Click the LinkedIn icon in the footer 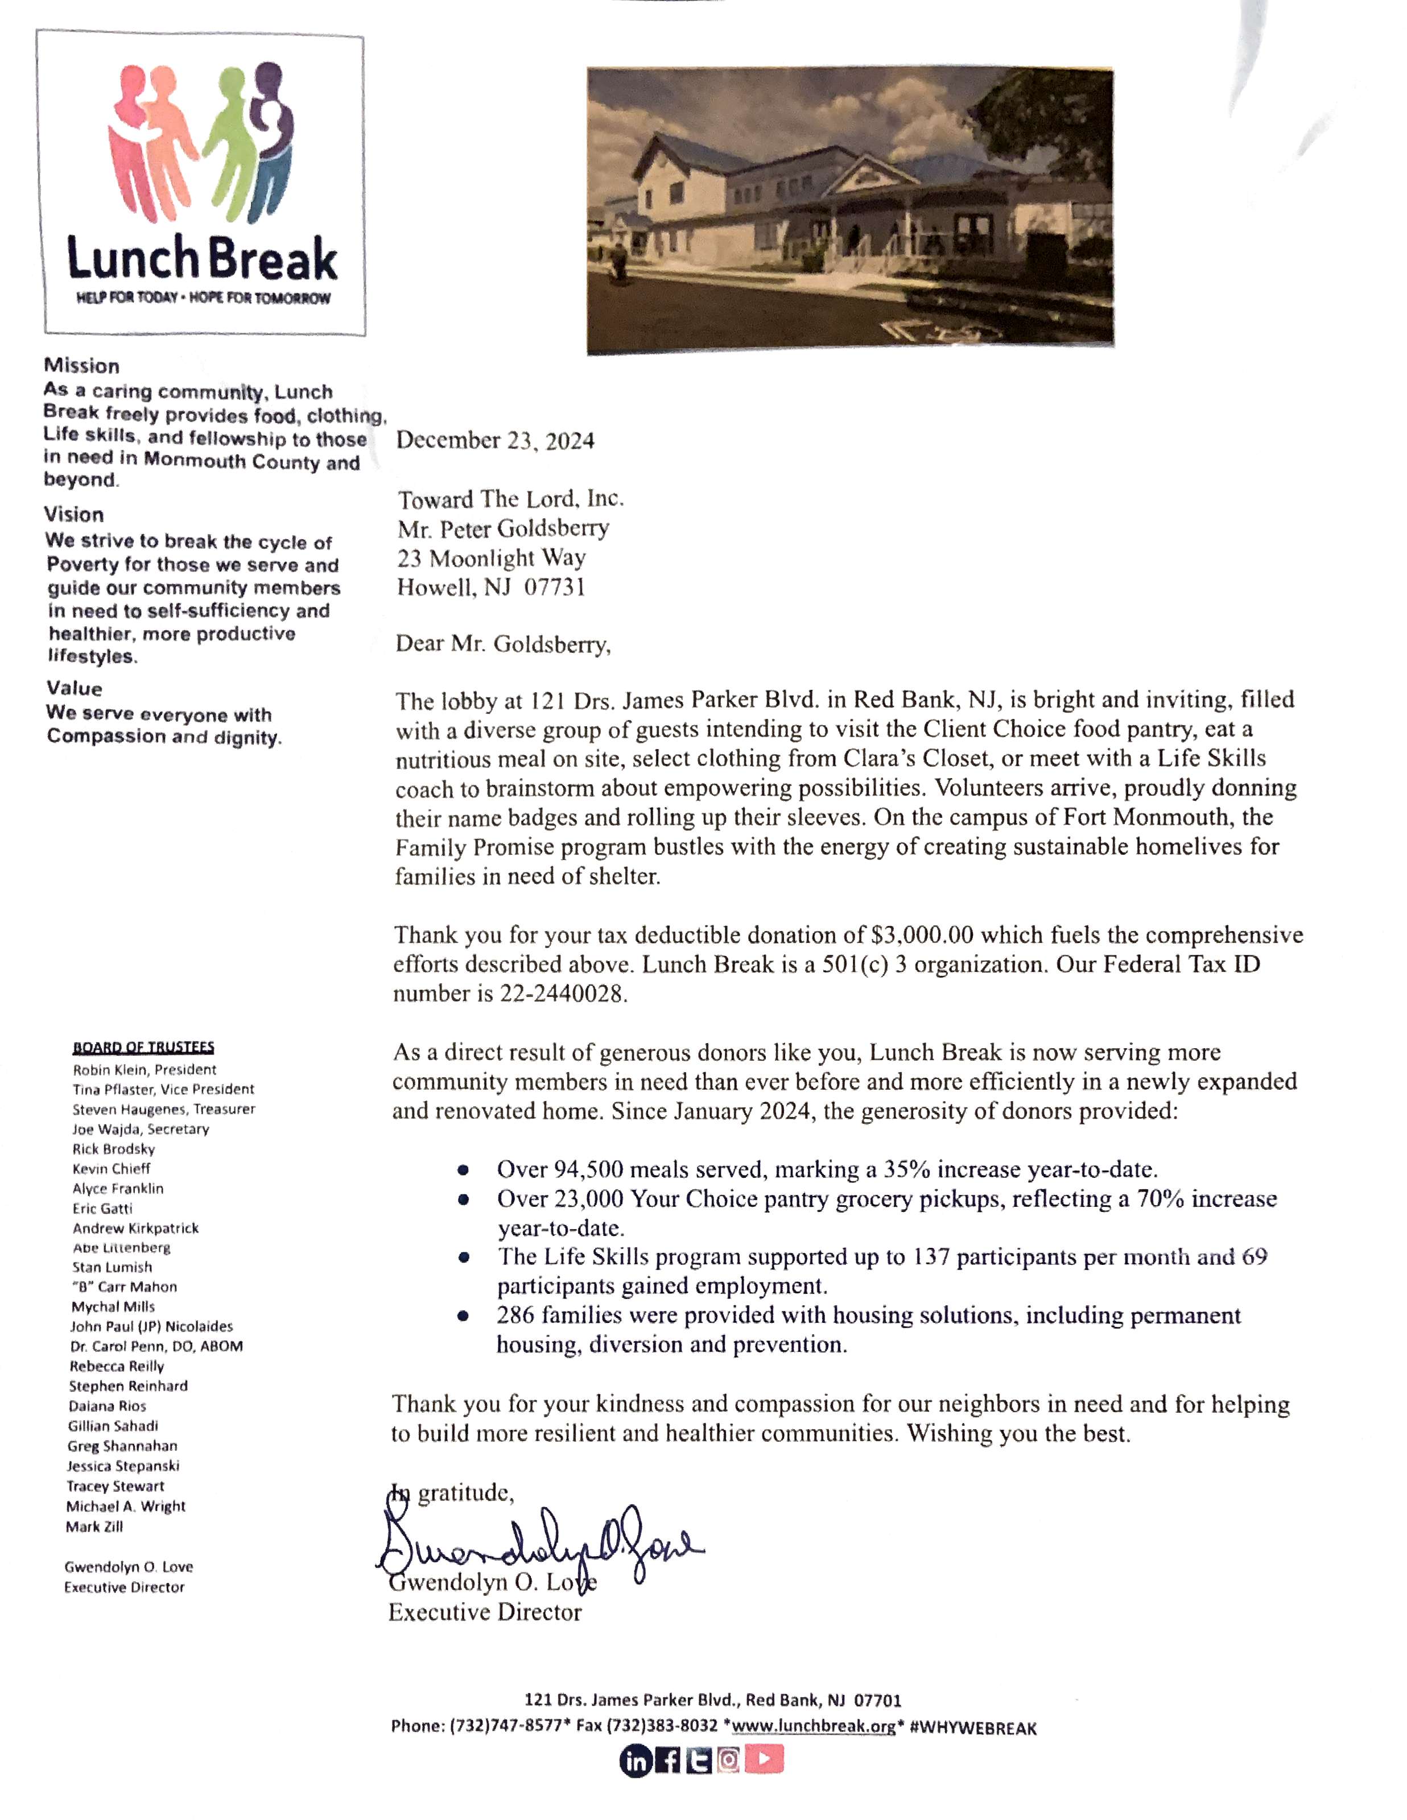[635, 1761]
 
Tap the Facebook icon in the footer [668, 1761]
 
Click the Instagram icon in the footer [728, 1760]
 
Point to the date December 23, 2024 [495, 441]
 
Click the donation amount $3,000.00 [922, 935]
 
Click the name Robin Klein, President [144, 1069]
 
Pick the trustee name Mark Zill [94, 1527]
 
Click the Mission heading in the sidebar [82, 366]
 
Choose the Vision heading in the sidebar [74, 514]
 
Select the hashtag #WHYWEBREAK [973, 1727]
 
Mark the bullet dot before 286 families [464, 1317]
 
